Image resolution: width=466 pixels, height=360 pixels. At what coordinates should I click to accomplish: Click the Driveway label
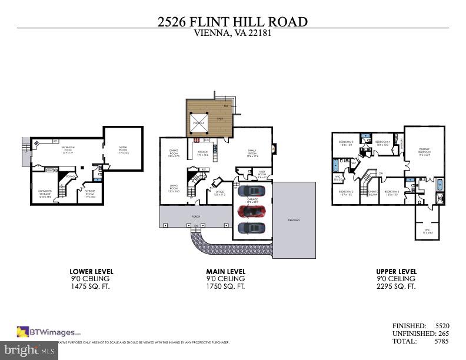point(294,221)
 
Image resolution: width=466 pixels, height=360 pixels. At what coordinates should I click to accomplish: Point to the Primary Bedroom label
point(424,151)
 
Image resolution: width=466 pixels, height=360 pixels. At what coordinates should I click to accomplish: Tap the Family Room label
point(254,152)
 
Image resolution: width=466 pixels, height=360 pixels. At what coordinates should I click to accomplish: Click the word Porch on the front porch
point(195,216)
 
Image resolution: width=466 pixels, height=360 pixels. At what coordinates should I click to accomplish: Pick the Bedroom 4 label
point(383,142)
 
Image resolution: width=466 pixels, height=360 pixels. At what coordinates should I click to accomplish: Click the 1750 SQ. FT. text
point(225,286)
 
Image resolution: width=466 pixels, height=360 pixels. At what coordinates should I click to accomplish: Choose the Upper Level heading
point(395,271)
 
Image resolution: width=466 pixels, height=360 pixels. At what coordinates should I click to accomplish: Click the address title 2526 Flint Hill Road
point(232,22)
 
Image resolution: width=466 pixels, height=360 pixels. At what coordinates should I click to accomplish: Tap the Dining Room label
point(174,153)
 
